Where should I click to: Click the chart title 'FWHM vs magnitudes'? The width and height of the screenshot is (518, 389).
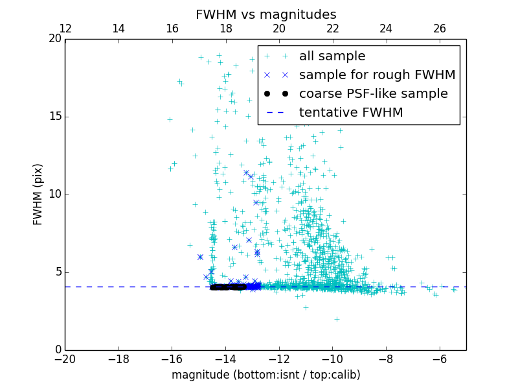[265, 14]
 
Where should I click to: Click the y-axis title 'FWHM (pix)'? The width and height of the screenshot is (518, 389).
[38, 194]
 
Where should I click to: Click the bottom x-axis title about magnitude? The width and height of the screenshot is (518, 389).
[265, 375]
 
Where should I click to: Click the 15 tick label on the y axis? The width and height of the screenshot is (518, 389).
[54, 117]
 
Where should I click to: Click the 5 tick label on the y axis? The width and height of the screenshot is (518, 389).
[57, 272]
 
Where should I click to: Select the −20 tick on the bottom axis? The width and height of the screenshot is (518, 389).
[65, 359]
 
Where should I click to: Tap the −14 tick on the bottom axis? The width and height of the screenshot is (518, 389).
[225, 359]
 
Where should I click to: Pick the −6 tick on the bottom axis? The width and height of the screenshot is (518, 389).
[440, 359]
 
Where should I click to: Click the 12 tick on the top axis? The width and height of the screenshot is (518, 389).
[65, 29]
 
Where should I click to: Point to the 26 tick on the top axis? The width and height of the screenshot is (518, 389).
[440, 29]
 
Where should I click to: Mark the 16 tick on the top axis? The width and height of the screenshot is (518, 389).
[172, 29]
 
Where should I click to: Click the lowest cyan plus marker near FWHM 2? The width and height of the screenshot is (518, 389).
[337, 319]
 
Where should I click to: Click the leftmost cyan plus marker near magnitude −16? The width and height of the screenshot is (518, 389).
[170, 119]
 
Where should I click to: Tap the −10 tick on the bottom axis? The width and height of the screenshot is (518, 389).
[332, 359]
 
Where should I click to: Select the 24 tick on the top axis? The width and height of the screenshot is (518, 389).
[386, 29]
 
